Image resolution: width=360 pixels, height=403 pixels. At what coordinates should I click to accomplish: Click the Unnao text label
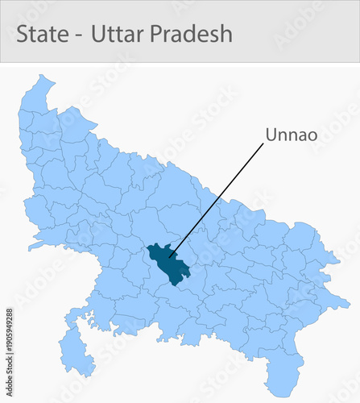click(292, 135)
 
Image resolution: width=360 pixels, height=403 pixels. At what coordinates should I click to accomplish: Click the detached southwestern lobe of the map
click(73, 355)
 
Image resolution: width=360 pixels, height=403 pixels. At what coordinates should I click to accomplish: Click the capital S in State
click(23, 34)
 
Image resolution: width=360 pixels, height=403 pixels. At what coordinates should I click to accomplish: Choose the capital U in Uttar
click(99, 34)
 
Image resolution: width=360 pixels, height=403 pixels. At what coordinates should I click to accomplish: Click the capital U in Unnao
click(271, 135)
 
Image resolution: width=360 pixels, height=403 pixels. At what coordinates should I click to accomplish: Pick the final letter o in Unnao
click(312, 136)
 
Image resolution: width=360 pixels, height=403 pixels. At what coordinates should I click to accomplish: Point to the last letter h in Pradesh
click(226, 34)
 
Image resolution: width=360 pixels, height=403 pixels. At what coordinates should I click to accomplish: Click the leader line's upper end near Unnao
click(263, 146)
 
